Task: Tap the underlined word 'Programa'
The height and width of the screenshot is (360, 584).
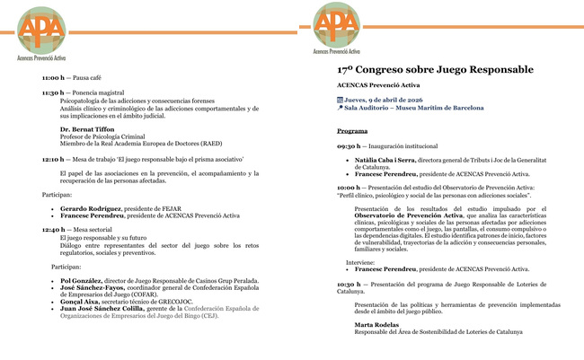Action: click(352, 131)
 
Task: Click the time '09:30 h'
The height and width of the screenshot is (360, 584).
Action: click(348, 145)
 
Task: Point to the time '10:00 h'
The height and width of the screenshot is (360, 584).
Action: click(348, 187)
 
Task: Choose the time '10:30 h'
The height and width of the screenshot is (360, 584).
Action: click(348, 284)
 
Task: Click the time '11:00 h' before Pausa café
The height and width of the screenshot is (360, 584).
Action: click(53, 78)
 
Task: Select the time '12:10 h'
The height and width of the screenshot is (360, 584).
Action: click(53, 158)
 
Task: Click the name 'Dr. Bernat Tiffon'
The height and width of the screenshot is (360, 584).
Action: click(87, 129)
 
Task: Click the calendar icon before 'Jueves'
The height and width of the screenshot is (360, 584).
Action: click(340, 100)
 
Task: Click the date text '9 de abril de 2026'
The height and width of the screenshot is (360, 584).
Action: click(400, 100)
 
